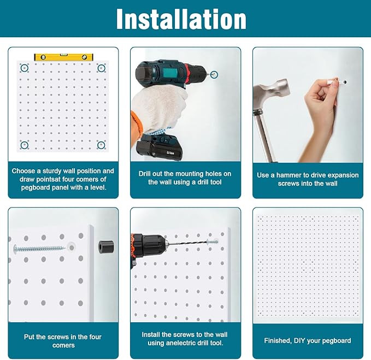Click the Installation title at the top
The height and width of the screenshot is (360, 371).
pyautogui.click(x=181, y=19)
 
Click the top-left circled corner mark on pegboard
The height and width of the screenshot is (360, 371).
pyautogui.click(x=24, y=68)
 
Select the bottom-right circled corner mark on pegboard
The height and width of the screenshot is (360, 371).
pyautogui.click(x=101, y=144)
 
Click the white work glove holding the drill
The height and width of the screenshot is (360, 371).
pyautogui.click(x=158, y=107)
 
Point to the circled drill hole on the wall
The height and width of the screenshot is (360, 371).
pyautogui.click(x=214, y=74)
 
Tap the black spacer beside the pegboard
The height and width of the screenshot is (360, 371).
pyautogui.click(x=105, y=247)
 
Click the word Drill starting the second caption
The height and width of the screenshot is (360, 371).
pyautogui.click(x=148, y=174)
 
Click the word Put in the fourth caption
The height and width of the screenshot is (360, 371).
pyautogui.click(x=30, y=337)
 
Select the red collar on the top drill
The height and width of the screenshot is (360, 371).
pyautogui.click(x=187, y=72)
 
